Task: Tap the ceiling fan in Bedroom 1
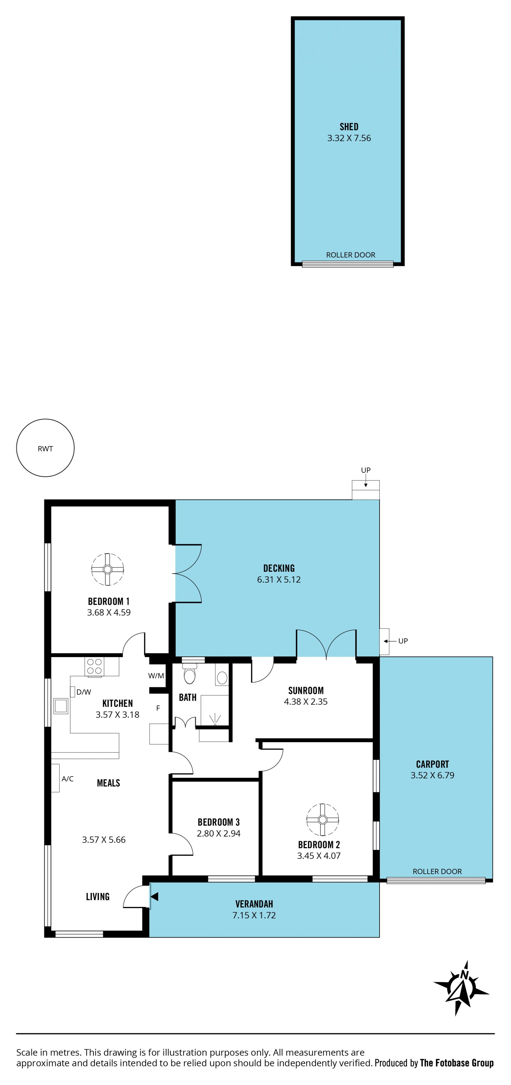tap(108, 569)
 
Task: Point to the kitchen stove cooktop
tap(94, 666)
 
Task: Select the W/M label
tap(156, 676)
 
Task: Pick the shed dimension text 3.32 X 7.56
tap(349, 138)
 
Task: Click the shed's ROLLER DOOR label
tap(350, 255)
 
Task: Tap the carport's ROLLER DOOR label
tap(437, 872)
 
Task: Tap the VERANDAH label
tap(254, 904)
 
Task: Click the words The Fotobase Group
tap(457, 1063)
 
